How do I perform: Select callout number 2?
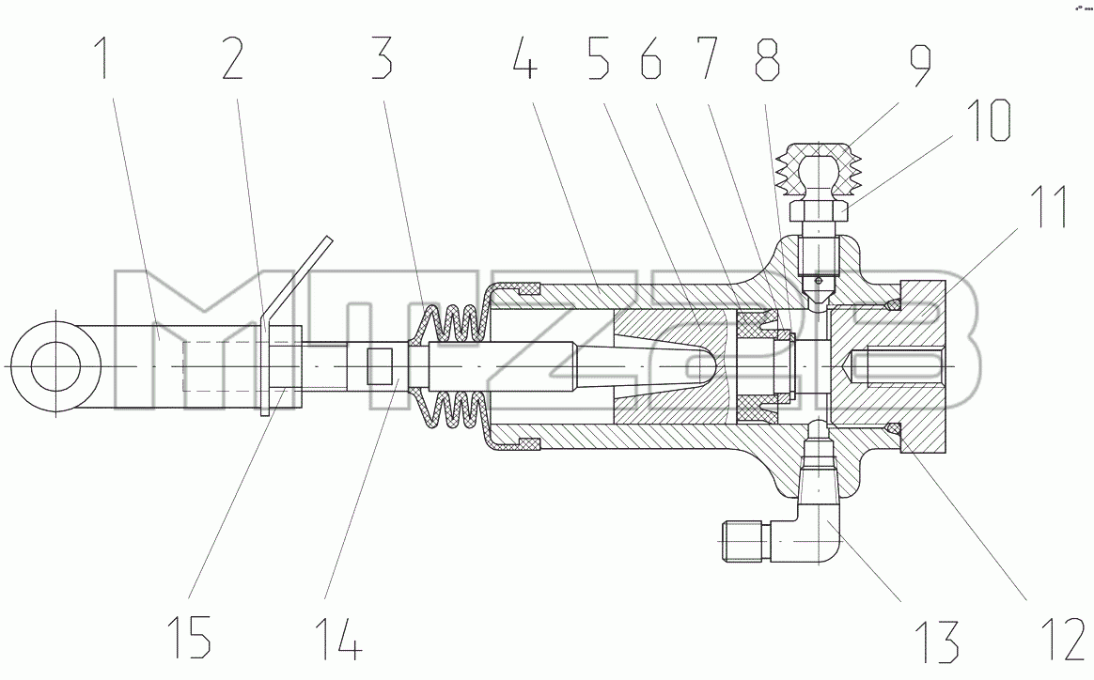[x=232, y=58]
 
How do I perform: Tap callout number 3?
[x=381, y=58]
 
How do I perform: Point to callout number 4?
[x=524, y=58]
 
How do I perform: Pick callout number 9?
[x=919, y=67]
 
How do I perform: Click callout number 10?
[x=988, y=120]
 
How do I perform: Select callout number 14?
[x=339, y=638]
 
